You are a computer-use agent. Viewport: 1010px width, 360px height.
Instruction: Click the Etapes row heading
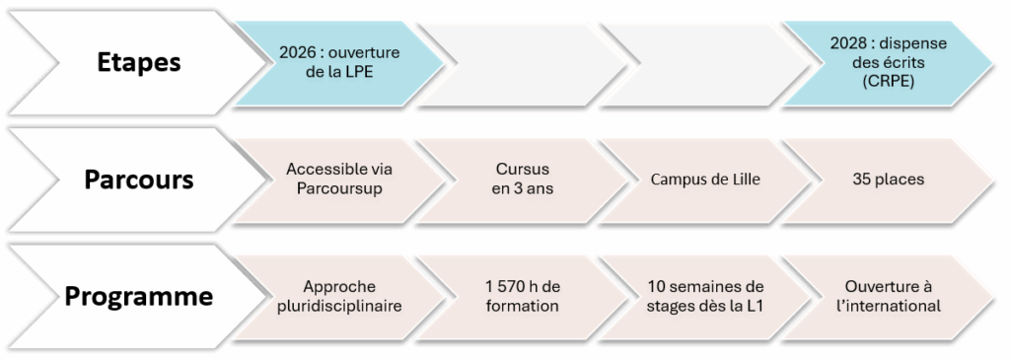pos(139,61)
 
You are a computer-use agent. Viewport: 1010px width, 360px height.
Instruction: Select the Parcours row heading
pos(138,180)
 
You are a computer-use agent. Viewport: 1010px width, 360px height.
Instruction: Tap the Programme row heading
pos(138,295)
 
